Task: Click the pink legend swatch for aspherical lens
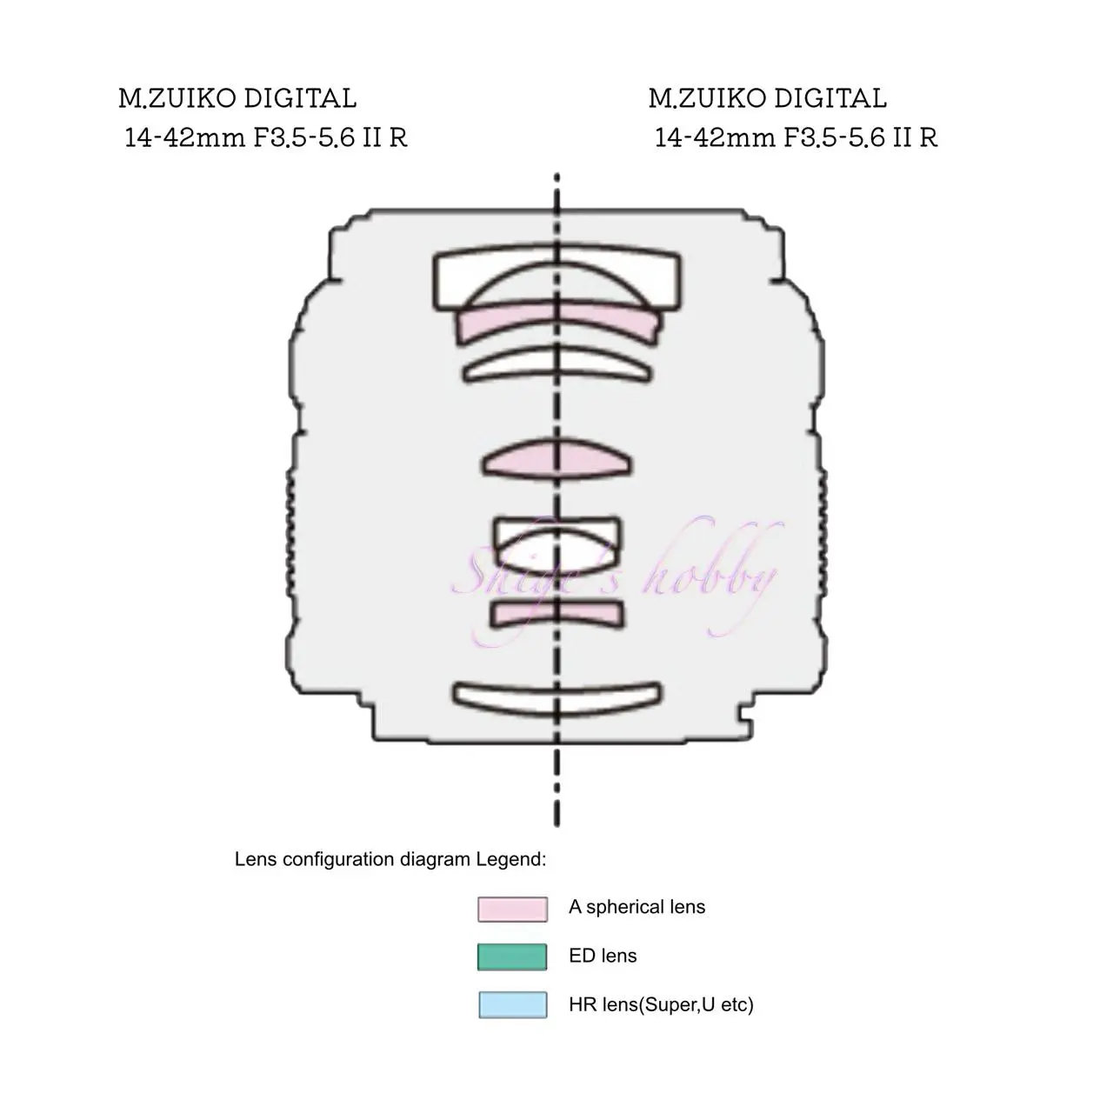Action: coord(512,909)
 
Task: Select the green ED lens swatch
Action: coord(512,957)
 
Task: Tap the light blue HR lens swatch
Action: coord(513,1005)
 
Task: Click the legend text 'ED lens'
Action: coord(603,956)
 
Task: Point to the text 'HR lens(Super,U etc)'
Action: coord(661,1005)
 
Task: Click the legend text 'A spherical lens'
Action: coord(636,908)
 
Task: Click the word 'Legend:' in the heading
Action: coord(511,859)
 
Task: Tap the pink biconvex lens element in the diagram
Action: coord(557,459)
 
